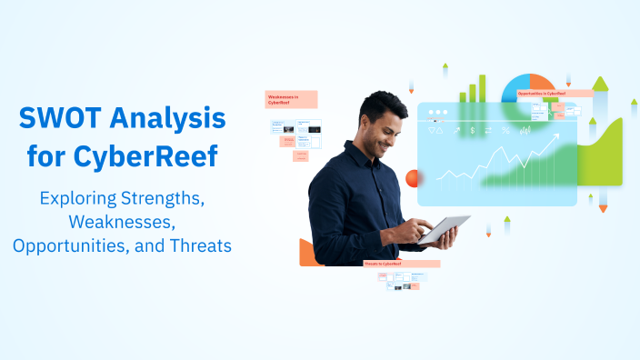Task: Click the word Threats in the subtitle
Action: tap(198, 245)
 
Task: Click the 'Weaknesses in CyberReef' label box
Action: tap(291, 99)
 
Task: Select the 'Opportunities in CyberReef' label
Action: tap(553, 93)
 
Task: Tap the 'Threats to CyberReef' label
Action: tap(401, 264)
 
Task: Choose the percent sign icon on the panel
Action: tap(505, 131)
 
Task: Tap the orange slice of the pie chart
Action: tap(544, 84)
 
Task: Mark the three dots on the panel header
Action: tap(439, 114)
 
